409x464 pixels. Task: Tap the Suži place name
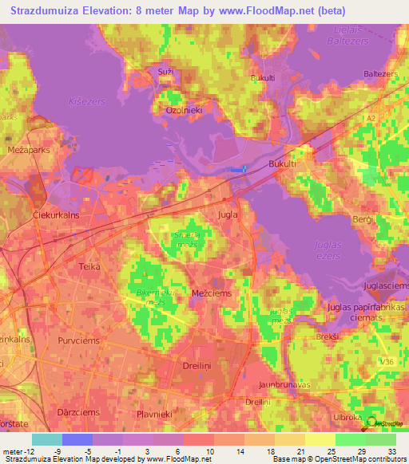[165, 73]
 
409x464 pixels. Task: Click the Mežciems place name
[212, 293]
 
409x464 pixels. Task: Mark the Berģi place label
[364, 217]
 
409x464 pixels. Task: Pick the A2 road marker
[369, 117]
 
